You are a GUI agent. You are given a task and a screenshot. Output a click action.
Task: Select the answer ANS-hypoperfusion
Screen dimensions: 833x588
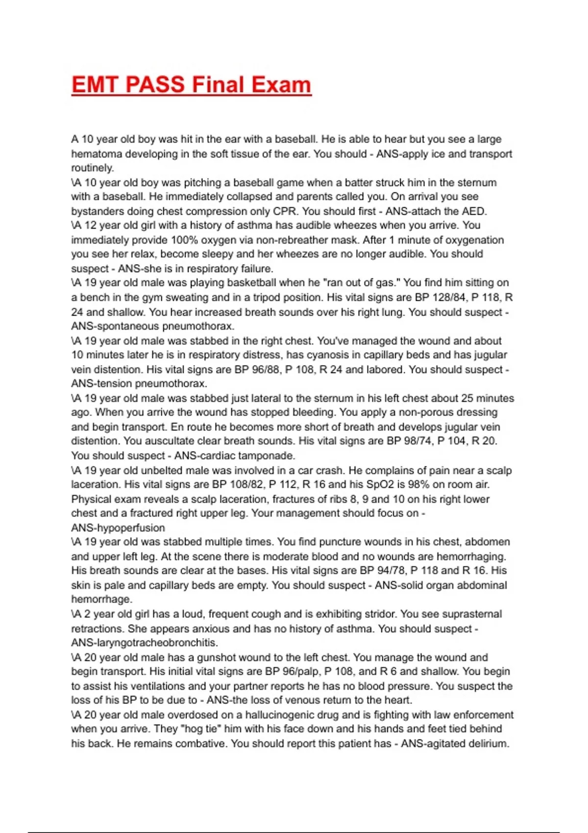118,528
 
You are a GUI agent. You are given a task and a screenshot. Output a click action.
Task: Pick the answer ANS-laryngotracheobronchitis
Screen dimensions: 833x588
145,643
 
